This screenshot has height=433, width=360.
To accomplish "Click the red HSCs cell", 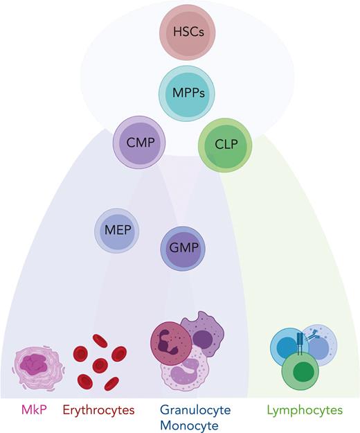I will (x=184, y=32).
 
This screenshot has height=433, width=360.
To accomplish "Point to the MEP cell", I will (x=117, y=230).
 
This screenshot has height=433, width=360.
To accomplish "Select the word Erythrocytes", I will (x=98, y=411).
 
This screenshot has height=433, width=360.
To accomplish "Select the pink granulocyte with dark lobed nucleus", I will (x=170, y=342).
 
